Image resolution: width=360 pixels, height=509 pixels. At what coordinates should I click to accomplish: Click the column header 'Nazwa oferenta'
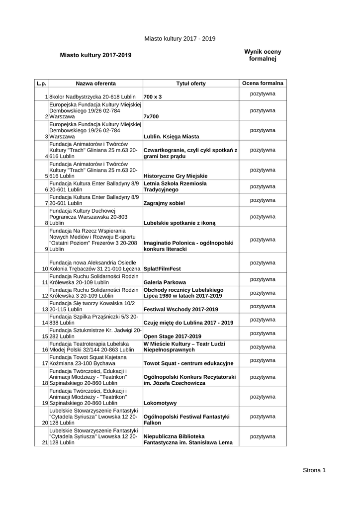click(x=95, y=83)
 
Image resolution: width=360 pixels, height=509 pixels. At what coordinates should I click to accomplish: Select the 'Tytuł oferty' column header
click(x=190, y=83)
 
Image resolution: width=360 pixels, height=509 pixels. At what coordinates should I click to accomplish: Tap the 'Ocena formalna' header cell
click(x=263, y=83)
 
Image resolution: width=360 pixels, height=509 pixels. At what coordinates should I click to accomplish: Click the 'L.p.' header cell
click(x=41, y=83)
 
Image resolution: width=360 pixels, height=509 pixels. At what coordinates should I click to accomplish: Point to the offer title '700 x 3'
click(x=153, y=96)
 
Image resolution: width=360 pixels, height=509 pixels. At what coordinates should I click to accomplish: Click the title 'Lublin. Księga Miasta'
click(x=171, y=136)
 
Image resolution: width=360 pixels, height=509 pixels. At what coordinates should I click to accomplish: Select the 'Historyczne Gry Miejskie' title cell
click(x=175, y=176)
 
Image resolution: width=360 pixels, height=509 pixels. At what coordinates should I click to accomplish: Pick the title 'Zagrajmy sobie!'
click(x=164, y=203)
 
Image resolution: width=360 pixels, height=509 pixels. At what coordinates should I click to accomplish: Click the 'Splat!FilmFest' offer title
click(x=162, y=268)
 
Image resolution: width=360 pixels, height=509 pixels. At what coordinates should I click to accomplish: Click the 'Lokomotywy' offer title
click(x=160, y=403)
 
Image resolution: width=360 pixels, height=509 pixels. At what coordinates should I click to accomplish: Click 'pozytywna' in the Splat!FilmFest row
click(x=263, y=262)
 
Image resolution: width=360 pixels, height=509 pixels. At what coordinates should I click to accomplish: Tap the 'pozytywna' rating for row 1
click(x=263, y=93)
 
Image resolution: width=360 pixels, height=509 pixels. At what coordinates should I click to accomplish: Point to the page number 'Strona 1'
click(x=314, y=470)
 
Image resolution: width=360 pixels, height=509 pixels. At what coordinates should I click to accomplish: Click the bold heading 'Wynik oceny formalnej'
click(x=263, y=55)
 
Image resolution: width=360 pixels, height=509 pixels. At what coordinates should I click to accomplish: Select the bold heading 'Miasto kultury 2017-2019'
click(x=96, y=55)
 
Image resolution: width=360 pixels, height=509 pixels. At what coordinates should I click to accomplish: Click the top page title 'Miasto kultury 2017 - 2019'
click(x=180, y=38)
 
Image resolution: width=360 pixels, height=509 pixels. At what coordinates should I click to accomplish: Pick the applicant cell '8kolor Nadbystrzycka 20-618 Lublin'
click(x=93, y=96)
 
